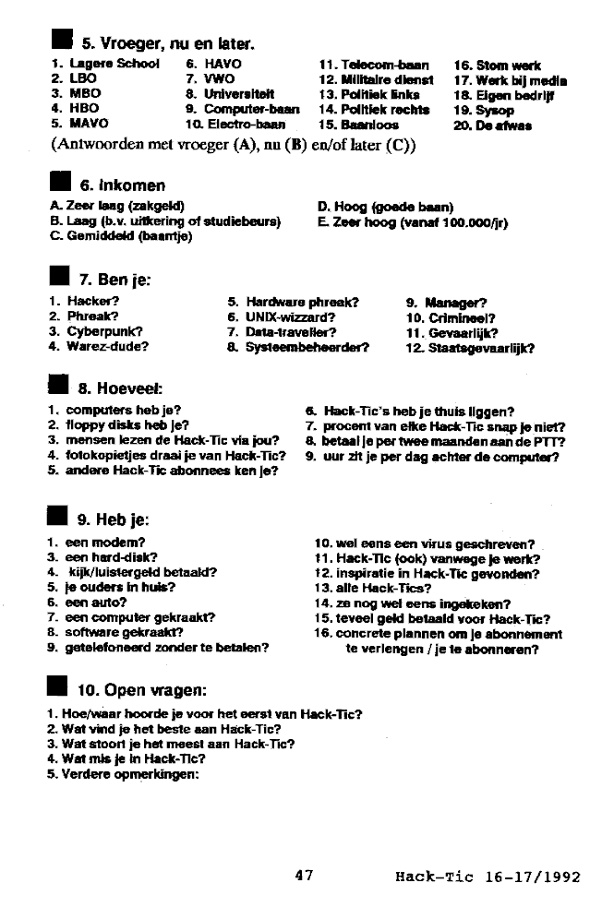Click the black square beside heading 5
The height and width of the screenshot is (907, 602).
[x=61, y=41]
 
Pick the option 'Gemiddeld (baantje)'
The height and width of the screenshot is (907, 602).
[x=120, y=236]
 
